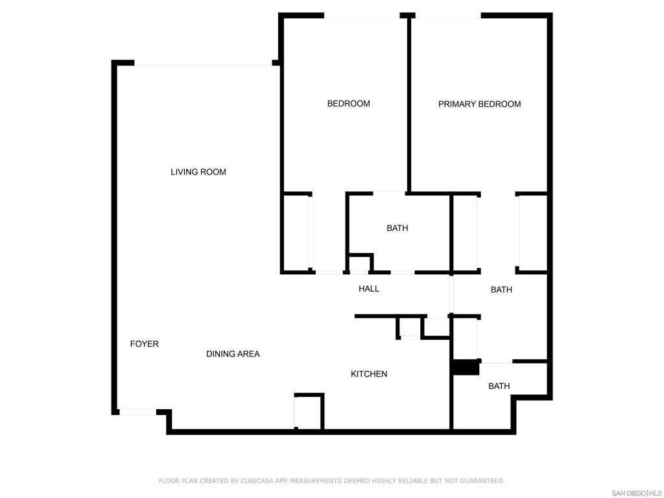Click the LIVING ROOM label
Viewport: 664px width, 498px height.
tap(198, 172)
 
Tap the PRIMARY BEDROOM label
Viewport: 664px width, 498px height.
tap(479, 104)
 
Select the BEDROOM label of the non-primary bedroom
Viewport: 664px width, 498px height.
tap(348, 104)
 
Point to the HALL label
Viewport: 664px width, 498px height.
tap(369, 289)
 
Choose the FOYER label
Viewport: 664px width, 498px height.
tap(145, 344)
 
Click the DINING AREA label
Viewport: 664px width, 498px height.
tap(233, 354)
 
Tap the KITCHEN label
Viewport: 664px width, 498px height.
tap(369, 374)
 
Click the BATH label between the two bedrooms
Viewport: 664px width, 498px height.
tap(397, 228)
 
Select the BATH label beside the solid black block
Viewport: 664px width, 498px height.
tap(499, 386)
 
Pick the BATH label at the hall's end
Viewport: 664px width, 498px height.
tap(501, 290)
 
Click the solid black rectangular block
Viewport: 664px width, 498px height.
tap(466, 367)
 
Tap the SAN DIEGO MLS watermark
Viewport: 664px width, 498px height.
tap(637, 493)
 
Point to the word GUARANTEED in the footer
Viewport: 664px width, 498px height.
tap(482, 481)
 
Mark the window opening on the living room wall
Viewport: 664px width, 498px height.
tap(203, 63)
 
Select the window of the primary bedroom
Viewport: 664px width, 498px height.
tap(448, 16)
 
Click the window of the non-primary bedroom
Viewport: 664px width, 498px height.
tap(362, 16)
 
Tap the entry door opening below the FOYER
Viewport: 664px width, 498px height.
tap(138, 412)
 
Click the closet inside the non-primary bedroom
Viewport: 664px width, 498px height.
tap(296, 233)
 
